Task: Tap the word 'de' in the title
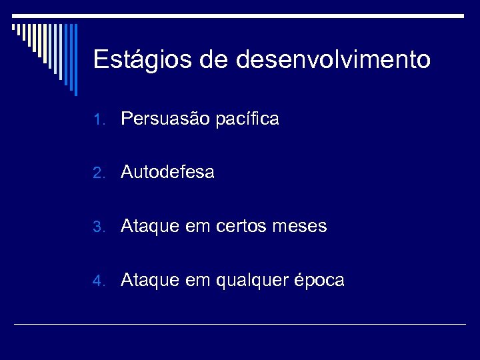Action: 214,61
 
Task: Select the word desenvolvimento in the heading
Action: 333,61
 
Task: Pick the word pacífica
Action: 248,120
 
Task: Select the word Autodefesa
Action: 167,173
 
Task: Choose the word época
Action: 319,281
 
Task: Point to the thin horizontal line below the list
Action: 240,324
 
